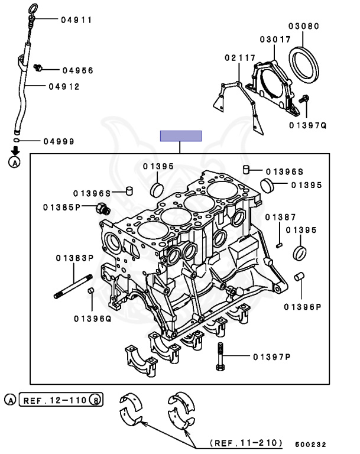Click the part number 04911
click(x=76, y=20)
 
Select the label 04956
click(x=77, y=70)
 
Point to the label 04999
click(x=58, y=141)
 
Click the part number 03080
click(x=304, y=27)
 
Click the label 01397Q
click(x=307, y=125)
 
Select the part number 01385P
click(x=62, y=207)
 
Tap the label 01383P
click(x=75, y=258)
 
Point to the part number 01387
click(x=280, y=218)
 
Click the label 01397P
click(x=272, y=356)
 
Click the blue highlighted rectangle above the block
click(x=181, y=136)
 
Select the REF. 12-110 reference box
click(x=61, y=400)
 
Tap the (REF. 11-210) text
click(x=246, y=443)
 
